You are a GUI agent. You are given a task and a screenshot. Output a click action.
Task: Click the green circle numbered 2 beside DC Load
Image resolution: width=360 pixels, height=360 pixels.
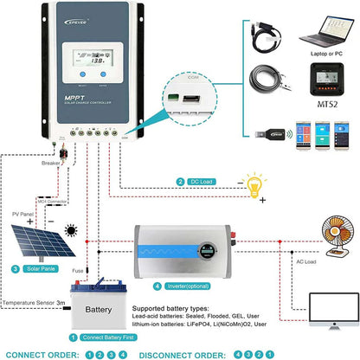181,182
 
